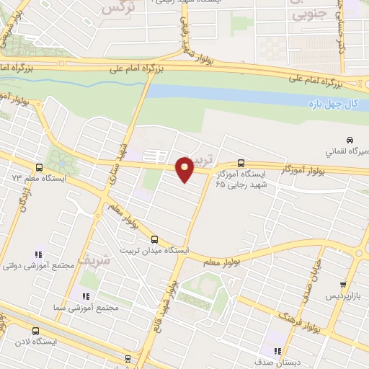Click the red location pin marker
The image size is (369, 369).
coord(185,169)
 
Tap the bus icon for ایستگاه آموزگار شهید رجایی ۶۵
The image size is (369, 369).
coord(241,163)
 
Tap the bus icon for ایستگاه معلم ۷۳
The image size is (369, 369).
coord(59,166)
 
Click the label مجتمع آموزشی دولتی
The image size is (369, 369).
coord(49,265)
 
